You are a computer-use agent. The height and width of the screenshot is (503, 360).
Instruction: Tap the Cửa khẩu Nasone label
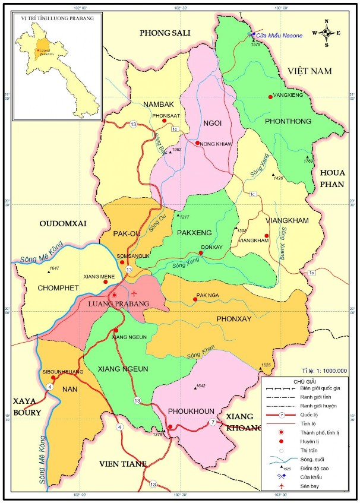[279, 36]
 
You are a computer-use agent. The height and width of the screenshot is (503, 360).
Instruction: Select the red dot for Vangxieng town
[270, 97]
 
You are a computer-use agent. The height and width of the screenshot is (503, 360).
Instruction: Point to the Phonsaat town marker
[165, 121]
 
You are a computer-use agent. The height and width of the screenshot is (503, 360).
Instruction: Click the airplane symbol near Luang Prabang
[135, 293]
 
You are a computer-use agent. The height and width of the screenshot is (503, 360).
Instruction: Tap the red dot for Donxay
[201, 253]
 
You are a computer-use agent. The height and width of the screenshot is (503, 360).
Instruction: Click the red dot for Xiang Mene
[106, 281]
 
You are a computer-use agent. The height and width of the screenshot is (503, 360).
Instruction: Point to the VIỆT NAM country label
[308, 71]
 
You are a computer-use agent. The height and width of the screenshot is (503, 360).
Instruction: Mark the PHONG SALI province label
[164, 33]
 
